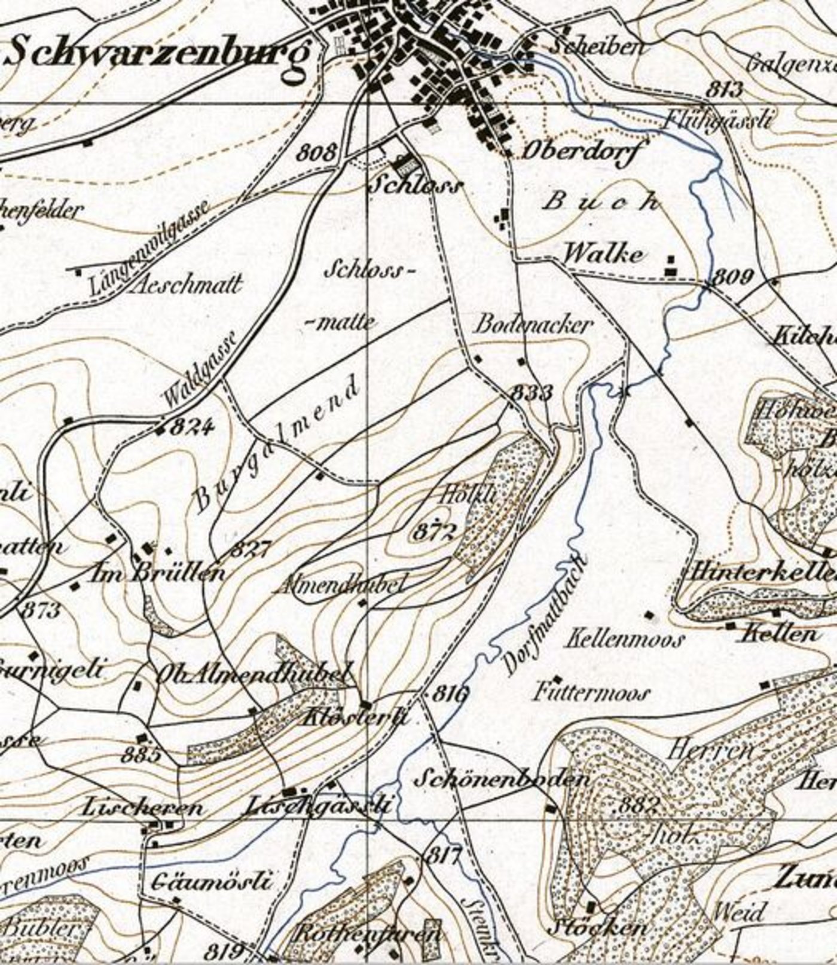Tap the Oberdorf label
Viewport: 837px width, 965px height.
click(x=576, y=152)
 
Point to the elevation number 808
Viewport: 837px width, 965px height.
click(x=317, y=152)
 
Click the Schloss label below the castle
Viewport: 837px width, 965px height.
click(x=416, y=185)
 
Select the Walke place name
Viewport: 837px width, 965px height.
click(x=604, y=255)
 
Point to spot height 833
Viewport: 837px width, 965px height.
click(x=531, y=393)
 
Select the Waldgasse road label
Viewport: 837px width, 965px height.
click(x=200, y=371)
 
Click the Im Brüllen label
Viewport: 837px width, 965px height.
click(x=157, y=574)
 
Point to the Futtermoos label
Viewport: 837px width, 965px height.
click(x=591, y=693)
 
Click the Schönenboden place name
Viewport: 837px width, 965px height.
click(x=502, y=779)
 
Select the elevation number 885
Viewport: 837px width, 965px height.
click(x=140, y=755)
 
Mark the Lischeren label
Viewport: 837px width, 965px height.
click(x=142, y=808)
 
